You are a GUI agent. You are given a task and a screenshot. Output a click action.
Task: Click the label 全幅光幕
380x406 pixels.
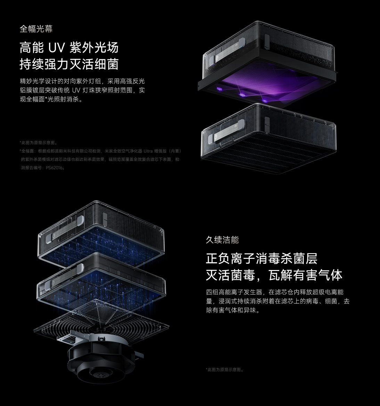click(36, 29)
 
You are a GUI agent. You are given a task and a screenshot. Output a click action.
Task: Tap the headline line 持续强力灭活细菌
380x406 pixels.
click(69, 64)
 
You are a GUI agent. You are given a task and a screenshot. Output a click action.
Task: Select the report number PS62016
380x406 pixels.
click(55, 168)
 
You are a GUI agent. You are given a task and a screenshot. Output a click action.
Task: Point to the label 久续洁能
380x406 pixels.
click(222, 240)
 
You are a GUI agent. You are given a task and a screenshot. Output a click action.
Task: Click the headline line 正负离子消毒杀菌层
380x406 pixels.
click(262, 259)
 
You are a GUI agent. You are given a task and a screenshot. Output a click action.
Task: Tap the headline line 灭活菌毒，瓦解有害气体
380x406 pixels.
click(274, 275)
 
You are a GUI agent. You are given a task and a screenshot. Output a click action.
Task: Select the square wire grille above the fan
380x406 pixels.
click(101, 319)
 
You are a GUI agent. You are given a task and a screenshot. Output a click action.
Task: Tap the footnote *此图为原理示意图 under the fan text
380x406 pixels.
click(225, 370)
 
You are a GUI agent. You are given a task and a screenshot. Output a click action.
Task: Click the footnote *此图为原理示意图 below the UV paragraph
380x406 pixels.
click(39, 143)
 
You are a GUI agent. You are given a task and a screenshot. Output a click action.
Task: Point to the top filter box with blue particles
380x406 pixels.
click(101, 236)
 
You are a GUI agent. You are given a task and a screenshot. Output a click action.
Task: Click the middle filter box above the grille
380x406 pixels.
click(101, 281)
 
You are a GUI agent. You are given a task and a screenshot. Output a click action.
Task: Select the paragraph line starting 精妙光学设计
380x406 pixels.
click(82, 81)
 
